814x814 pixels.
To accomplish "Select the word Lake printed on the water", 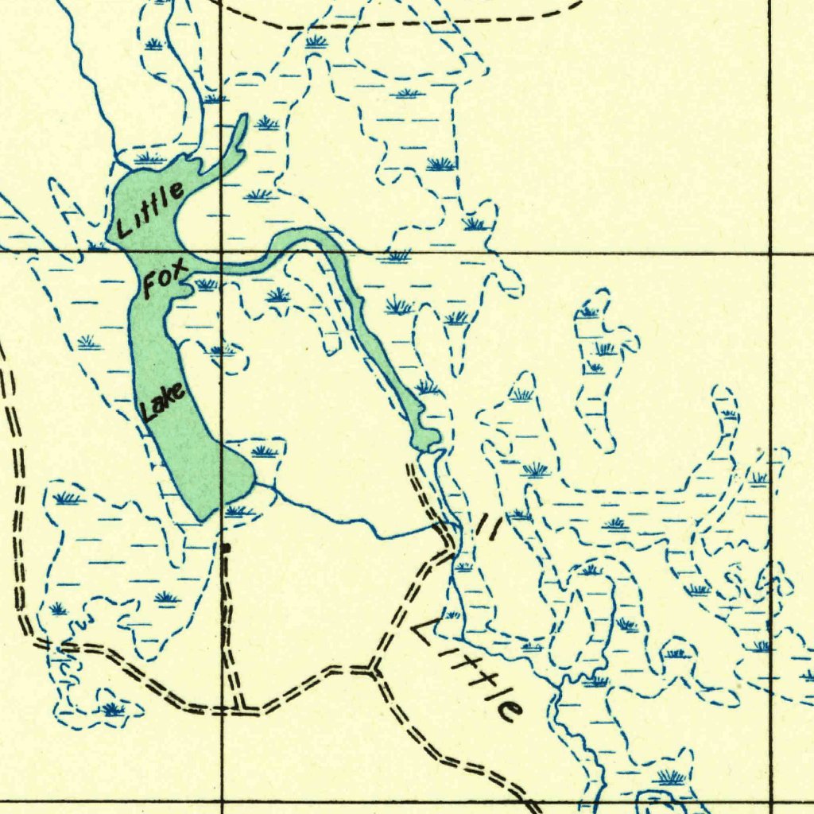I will [163, 401].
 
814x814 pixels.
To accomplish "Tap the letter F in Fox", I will [152, 284].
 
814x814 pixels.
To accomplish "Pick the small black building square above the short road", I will [225, 547].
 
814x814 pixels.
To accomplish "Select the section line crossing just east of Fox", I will [221, 253].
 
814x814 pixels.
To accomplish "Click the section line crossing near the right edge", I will [770, 253].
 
